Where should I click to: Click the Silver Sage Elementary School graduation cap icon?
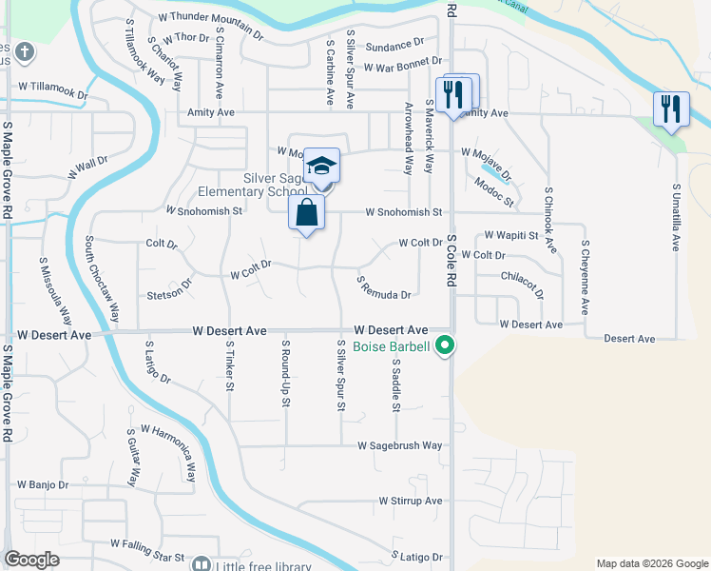[322, 166]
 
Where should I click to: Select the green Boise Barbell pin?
[444, 347]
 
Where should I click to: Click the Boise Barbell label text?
[390, 347]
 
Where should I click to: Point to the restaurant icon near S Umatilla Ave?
[672, 108]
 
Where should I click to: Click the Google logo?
[32, 561]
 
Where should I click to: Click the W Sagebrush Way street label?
[400, 445]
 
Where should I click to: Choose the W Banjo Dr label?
[43, 484]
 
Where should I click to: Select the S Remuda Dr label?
[384, 287]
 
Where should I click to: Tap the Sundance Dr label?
[394, 45]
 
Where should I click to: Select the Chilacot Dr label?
[522, 285]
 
